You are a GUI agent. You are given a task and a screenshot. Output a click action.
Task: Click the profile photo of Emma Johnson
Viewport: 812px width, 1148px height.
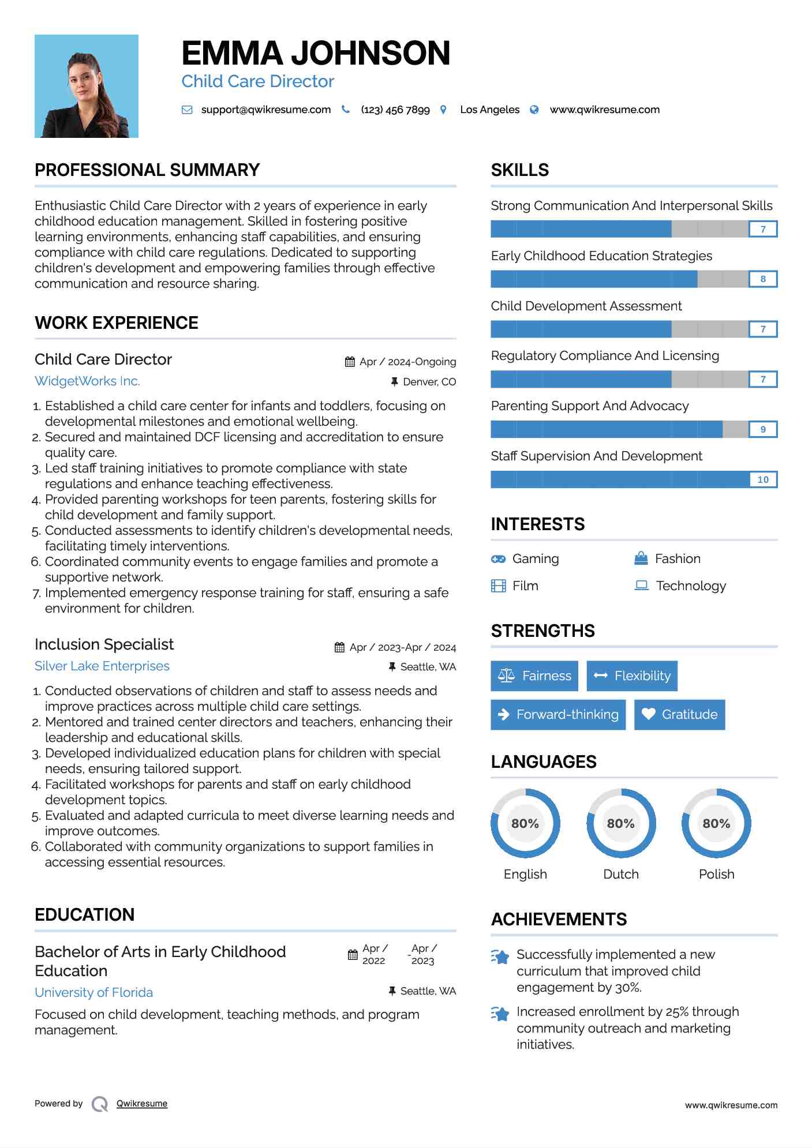coord(87,86)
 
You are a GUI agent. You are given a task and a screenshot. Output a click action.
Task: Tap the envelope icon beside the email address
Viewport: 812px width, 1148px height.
coord(187,110)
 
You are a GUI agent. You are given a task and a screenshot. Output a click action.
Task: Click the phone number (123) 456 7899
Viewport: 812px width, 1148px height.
coord(395,110)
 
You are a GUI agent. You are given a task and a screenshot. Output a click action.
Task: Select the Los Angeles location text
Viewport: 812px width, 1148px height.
coord(489,110)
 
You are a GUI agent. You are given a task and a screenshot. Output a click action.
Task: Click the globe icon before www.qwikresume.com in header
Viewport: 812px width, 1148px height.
coord(534,110)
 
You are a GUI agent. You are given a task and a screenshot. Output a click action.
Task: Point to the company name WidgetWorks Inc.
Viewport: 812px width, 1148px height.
coord(87,381)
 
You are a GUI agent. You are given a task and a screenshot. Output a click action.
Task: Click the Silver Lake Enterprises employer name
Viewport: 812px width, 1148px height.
coord(102,666)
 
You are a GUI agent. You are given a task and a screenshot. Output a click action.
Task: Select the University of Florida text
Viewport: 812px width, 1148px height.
coord(93,992)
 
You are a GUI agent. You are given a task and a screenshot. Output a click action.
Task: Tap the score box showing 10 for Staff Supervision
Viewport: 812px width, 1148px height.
coord(762,479)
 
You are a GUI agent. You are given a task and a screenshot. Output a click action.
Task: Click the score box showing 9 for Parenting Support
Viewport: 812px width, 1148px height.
coord(762,429)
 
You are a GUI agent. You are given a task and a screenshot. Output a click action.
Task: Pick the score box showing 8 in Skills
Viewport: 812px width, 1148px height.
coord(762,279)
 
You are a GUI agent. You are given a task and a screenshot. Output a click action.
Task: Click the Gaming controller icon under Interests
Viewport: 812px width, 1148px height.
coord(498,559)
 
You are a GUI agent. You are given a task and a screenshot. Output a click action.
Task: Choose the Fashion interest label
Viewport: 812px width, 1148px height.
coord(678,558)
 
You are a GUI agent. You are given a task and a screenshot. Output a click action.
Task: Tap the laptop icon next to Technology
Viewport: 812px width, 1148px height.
coord(641,586)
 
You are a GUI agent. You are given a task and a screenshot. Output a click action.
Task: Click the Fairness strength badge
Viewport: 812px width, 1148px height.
coord(534,676)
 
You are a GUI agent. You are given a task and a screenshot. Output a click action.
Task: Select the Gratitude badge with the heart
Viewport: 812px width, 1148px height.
coord(679,714)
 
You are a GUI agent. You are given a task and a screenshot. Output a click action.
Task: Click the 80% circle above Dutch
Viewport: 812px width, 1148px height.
coord(621,823)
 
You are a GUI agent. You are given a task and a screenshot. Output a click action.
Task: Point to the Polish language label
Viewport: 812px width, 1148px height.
coord(716,874)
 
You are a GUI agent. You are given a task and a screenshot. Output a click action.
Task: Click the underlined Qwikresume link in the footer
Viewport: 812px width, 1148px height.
coord(142,1104)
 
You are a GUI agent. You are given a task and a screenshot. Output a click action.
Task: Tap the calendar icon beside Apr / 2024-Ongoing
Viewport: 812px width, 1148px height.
coord(350,362)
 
